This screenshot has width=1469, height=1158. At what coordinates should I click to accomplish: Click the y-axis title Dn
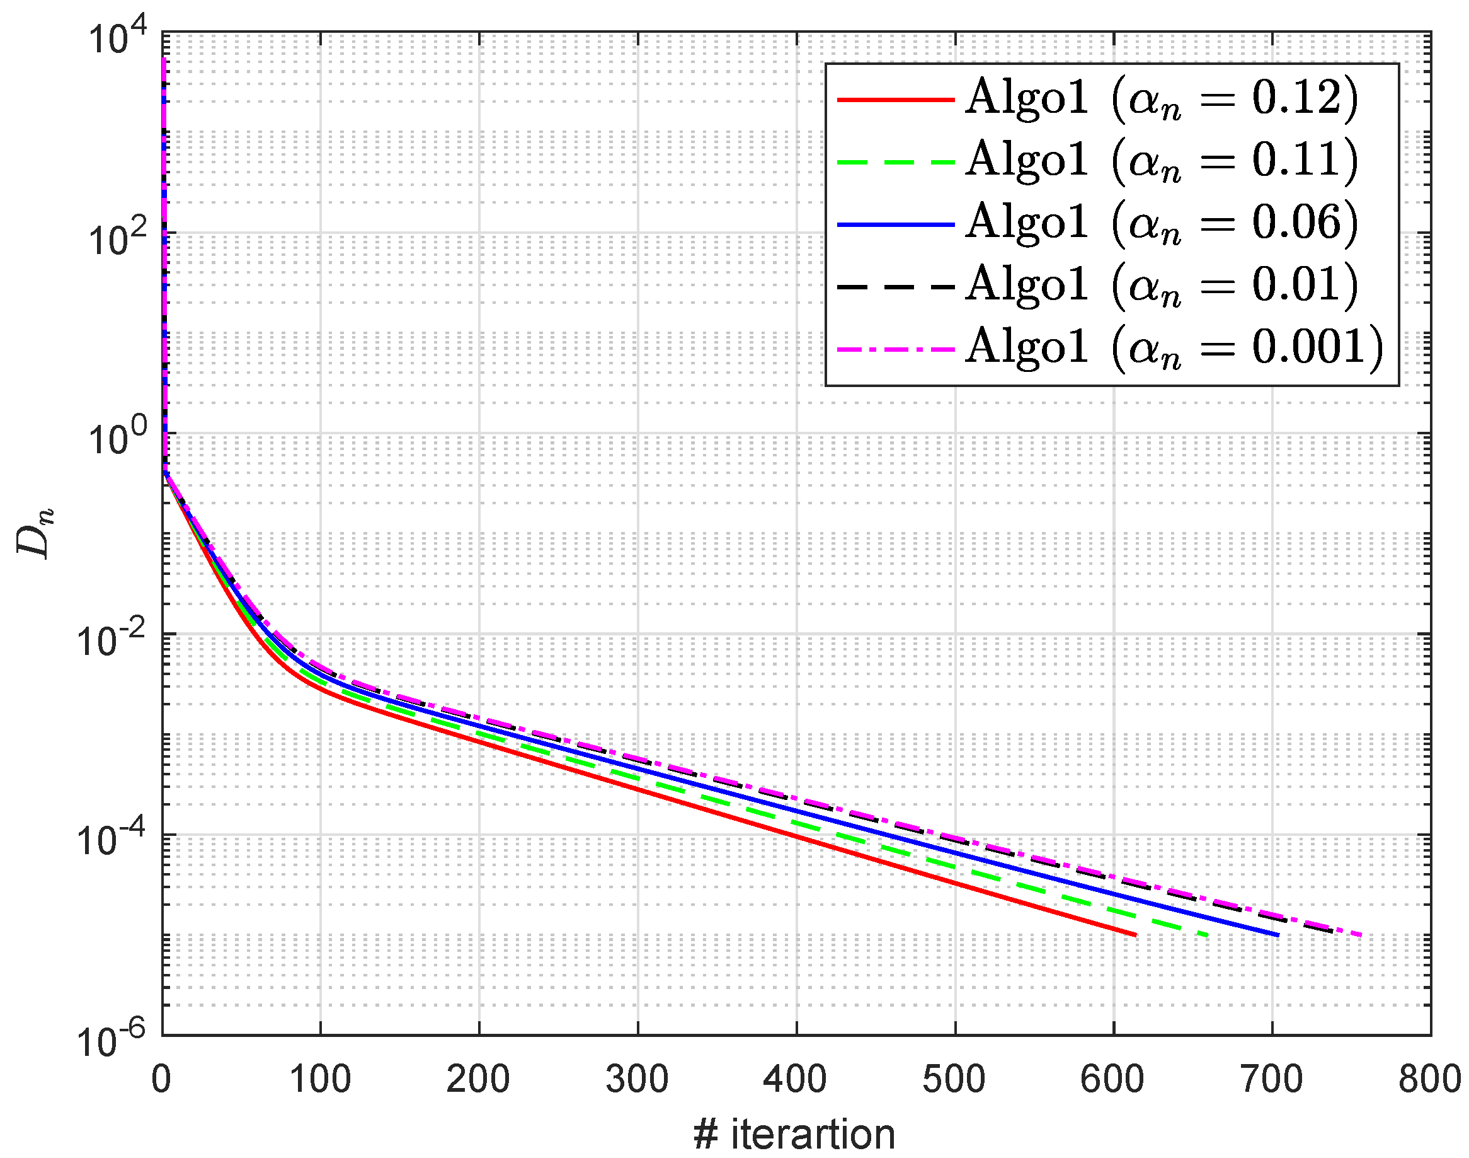point(34,533)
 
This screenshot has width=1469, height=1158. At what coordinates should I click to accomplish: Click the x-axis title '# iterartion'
point(794,1134)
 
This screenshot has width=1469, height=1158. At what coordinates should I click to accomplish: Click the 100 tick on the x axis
point(320,1079)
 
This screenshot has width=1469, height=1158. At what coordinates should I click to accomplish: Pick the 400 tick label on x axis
point(796,1079)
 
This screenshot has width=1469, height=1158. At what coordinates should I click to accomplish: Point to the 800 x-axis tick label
point(1430,1079)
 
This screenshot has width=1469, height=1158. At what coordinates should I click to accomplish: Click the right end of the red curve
point(1135,935)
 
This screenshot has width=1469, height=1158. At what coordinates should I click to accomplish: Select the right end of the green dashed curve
point(1208,935)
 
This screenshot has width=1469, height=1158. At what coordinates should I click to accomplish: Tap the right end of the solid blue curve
point(1278,935)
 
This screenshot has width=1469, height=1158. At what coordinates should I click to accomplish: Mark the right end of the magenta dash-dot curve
point(1361,935)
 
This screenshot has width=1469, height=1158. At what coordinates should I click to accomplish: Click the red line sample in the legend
point(896,100)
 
